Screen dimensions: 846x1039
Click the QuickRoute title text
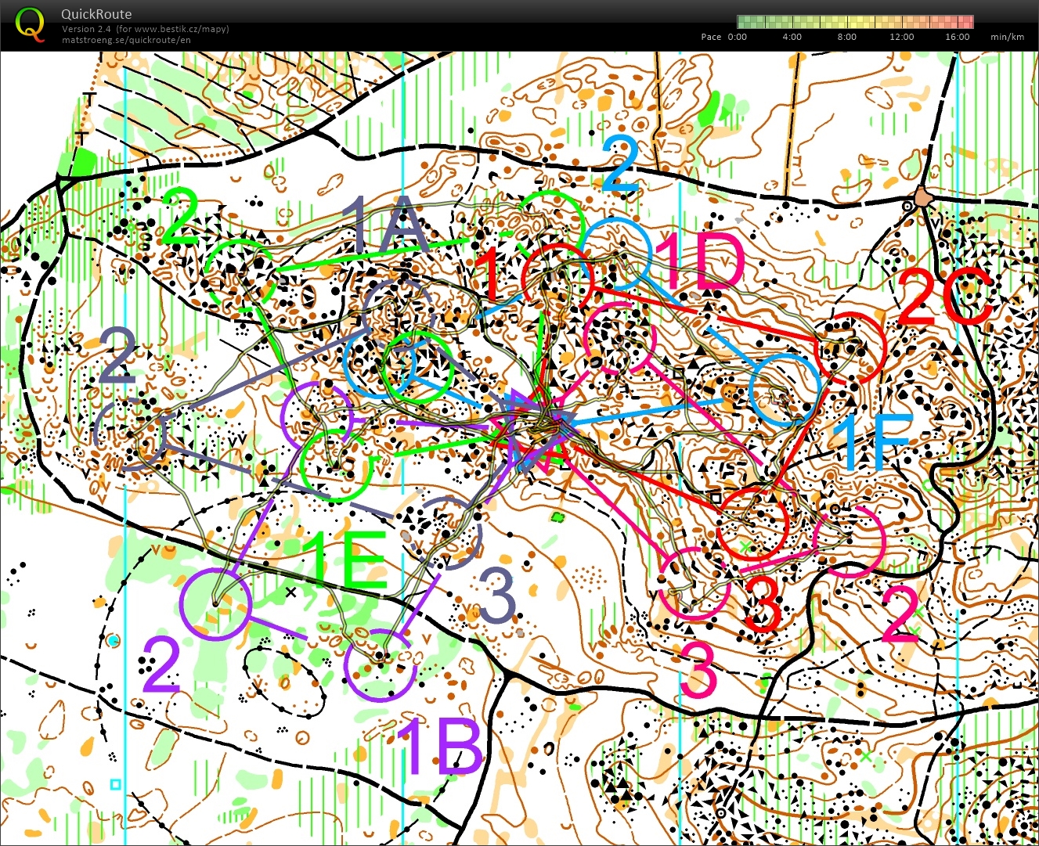(x=96, y=14)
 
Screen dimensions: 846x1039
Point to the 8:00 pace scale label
(x=846, y=37)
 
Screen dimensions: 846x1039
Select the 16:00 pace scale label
(x=957, y=37)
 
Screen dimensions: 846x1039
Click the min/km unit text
(x=1007, y=37)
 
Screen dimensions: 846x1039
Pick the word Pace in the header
(x=711, y=37)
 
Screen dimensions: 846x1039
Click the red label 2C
(x=944, y=297)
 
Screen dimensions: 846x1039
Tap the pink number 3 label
(x=698, y=670)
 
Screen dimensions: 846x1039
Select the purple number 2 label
(x=161, y=665)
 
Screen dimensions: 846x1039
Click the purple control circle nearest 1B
(x=380, y=664)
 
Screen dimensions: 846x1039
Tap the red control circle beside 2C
(x=850, y=347)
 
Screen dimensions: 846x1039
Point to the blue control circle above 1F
(x=785, y=390)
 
